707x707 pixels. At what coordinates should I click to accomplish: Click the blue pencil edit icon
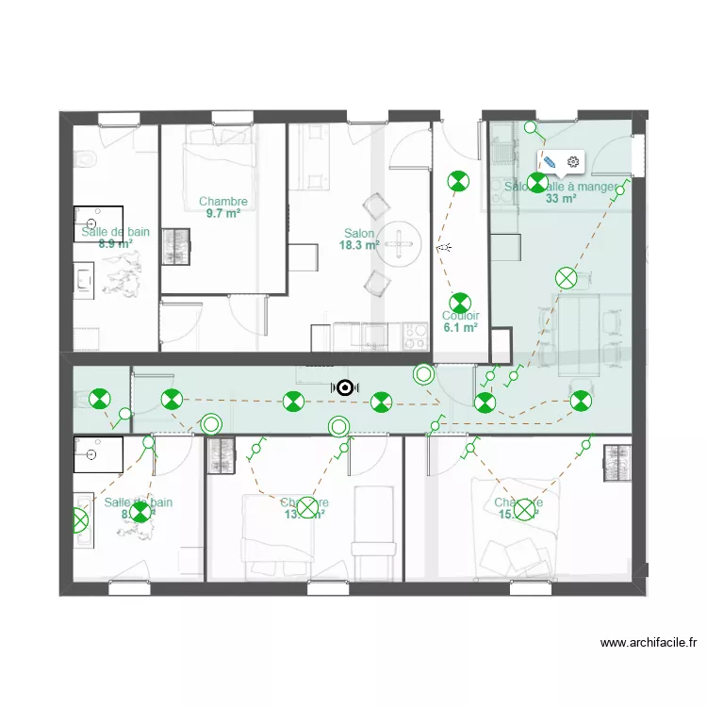551,162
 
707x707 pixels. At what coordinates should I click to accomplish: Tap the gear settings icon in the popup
572,162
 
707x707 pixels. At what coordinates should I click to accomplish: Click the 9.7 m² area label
223,214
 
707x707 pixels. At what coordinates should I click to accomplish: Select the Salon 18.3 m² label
359,239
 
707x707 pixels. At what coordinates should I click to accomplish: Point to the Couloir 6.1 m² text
461,322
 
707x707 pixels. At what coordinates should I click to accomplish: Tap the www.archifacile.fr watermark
649,644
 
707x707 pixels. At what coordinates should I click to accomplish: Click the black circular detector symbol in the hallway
346,387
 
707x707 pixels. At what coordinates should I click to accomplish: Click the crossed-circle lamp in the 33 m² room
566,277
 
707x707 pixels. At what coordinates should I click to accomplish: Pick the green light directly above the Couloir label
459,303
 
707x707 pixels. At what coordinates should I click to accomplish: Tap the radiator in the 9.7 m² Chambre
175,247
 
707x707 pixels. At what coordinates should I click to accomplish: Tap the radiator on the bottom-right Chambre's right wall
617,463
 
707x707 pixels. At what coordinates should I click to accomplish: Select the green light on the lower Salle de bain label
140,512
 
